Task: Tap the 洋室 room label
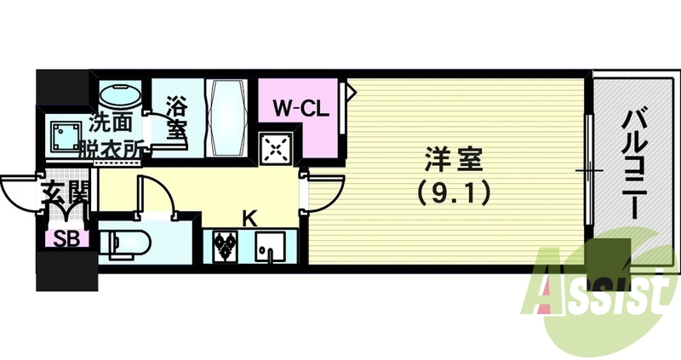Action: click(454, 160)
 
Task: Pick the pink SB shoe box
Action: click(66, 237)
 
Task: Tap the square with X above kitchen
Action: click(277, 151)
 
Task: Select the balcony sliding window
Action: click(588, 170)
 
